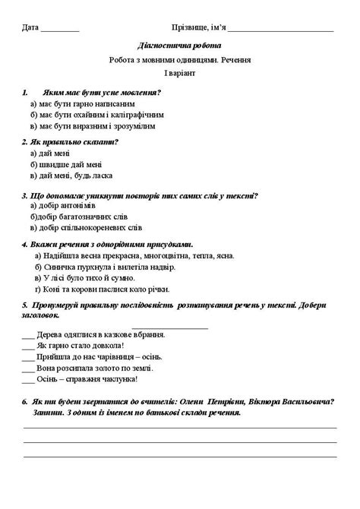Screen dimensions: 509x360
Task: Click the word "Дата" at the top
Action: coord(31,28)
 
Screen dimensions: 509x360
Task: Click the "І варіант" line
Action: coord(180,72)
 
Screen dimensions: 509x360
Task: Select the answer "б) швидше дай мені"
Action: coord(66,164)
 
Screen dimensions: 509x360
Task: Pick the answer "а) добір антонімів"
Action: coord(63,205)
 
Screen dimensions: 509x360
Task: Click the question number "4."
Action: coord(25,245)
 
